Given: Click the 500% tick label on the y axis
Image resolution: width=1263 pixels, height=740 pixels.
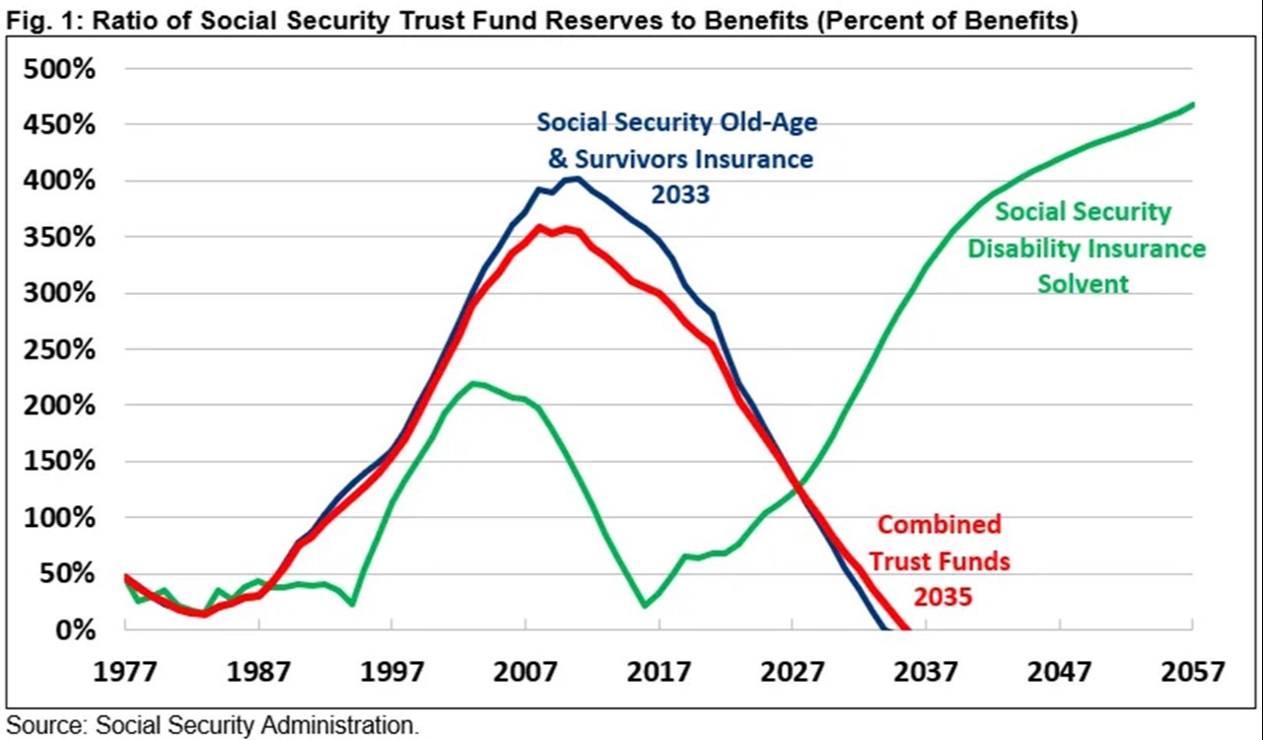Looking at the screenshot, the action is [59, 69].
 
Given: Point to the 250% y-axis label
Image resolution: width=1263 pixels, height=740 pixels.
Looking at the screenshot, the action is [59, 350].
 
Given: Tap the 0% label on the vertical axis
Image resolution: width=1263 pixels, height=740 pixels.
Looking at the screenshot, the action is [75, 629].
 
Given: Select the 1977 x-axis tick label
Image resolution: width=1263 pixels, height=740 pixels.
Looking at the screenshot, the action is [124, 672].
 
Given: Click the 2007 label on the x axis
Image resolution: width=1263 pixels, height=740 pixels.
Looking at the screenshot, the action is [525, 672].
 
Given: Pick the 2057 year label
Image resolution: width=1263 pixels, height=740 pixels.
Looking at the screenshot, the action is [1193, 672].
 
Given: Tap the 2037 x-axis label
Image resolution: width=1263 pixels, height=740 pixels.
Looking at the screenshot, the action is [925, 672].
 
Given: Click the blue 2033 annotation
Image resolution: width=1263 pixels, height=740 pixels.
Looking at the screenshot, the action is [680, 194].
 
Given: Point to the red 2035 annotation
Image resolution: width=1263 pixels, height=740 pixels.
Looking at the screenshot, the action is [943, 597].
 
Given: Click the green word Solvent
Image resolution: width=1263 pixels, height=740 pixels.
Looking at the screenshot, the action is [1084, 284].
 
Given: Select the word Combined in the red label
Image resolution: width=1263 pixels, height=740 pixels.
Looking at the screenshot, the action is [940, 524].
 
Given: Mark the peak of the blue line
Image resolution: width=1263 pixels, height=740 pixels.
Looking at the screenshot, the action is [576, 179].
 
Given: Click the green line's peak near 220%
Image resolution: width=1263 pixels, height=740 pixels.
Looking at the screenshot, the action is [473, 383].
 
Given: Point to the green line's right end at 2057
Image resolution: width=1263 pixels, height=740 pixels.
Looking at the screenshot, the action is [1193, 105].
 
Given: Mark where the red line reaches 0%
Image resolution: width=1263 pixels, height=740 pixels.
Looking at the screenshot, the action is [907, 629].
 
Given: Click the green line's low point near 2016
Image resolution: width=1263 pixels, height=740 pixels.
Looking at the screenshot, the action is [644, 606].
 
